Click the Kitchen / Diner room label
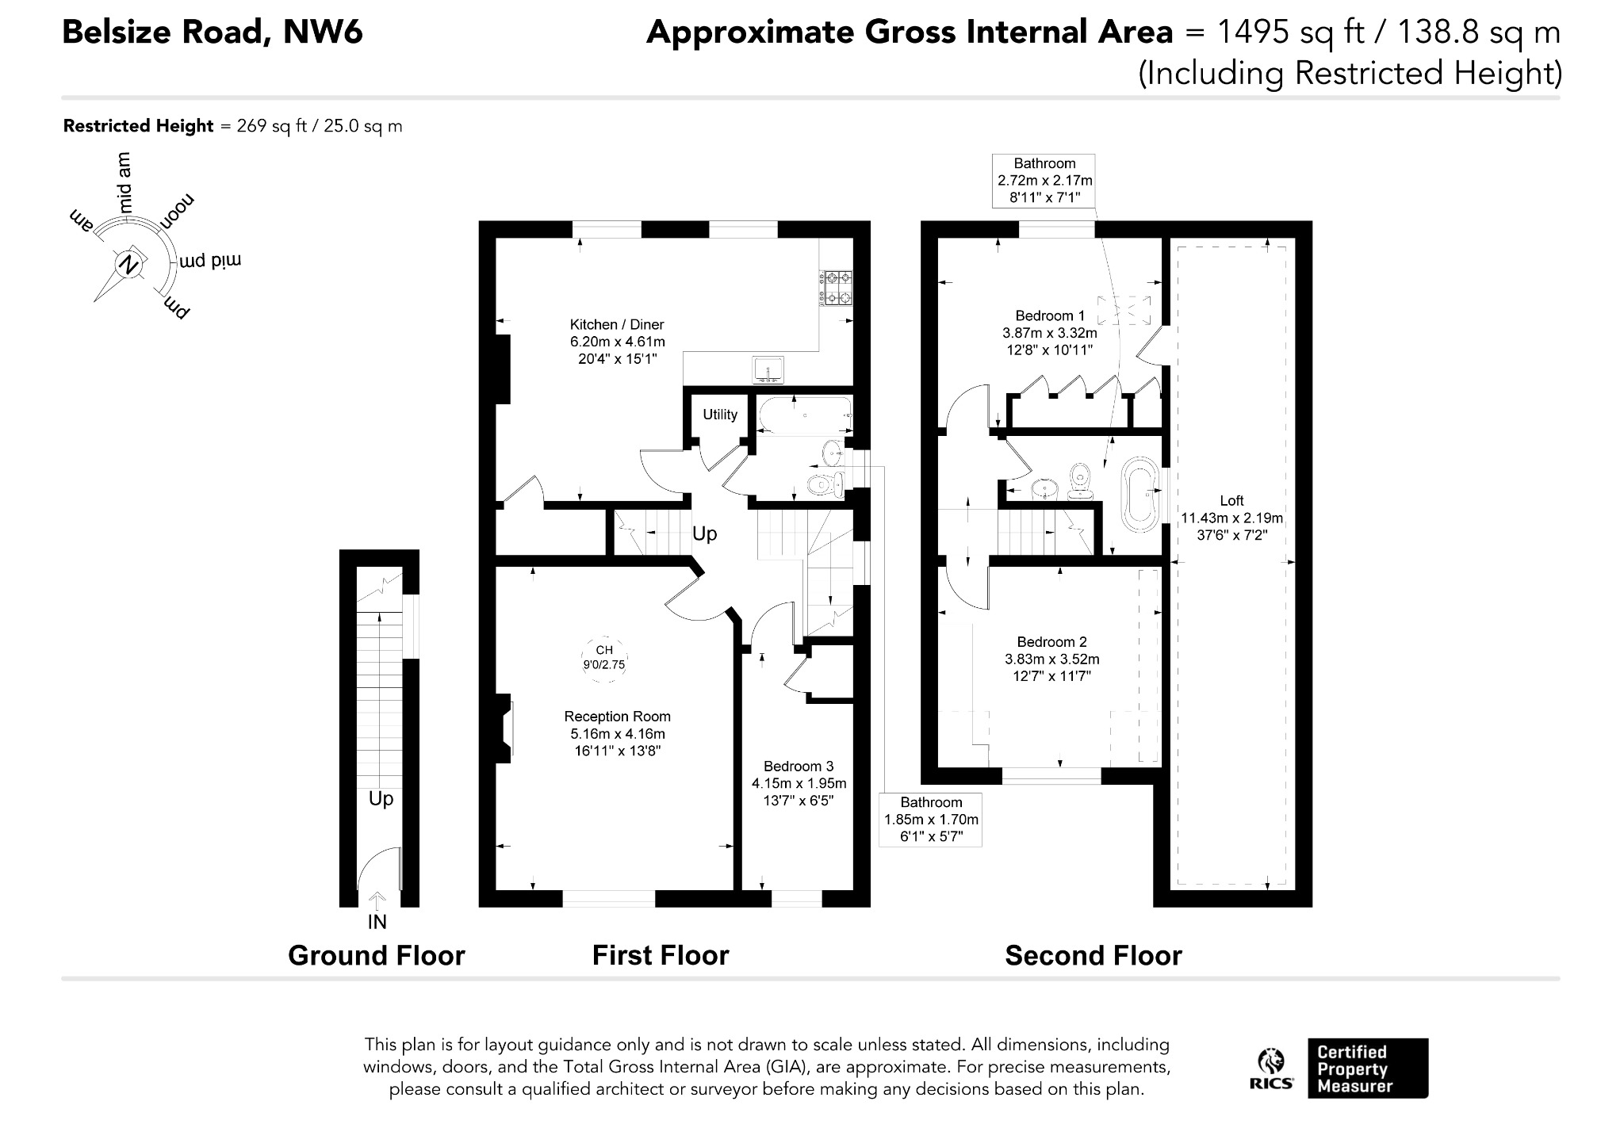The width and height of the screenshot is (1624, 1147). pyautogui.click(x=617, y=325)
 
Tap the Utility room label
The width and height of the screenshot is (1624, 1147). pyautogui.click(x=720, y=415)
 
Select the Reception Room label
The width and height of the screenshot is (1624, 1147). pyautogui.click(x=618, y=717)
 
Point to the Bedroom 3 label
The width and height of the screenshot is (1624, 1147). pyautogui.click(x=799, y=767)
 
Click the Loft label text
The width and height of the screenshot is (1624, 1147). pyautogui.click(x=1231, y=501)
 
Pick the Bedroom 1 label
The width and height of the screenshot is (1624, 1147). pyautogui.click(x=1050, y=316)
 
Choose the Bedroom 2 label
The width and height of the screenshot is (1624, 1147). pyautogui.click(x=1052, y=642)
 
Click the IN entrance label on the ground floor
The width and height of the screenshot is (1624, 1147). pyautogui.click(x=377, y=922)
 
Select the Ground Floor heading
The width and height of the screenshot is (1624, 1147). pyautogui.click(x=376, y=956)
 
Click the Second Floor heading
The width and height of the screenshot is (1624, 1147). pyautogui.click(x=1094, y=956)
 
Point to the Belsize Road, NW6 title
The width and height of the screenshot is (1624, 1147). pyautogui.click(x=213, y=32)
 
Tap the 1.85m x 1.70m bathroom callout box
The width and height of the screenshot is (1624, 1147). pyautogui.click(x=931, y=820)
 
